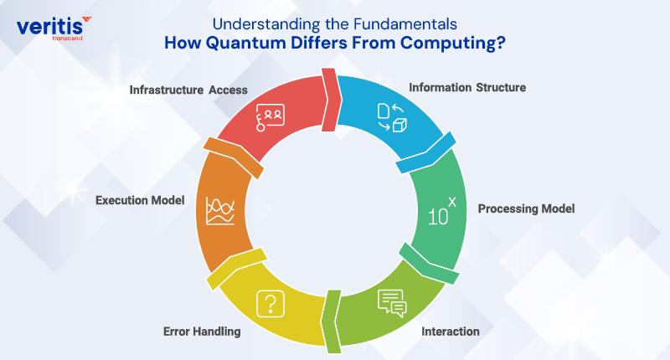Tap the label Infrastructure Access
[x=188, y=90]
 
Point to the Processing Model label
[x=526, y=208]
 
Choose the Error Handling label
[x=202, y=332]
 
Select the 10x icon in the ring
[x=442, y=213]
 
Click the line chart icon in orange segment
[x=219, y=211]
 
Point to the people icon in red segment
[x=271, y=114]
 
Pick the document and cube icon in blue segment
[x=390, y=116]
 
